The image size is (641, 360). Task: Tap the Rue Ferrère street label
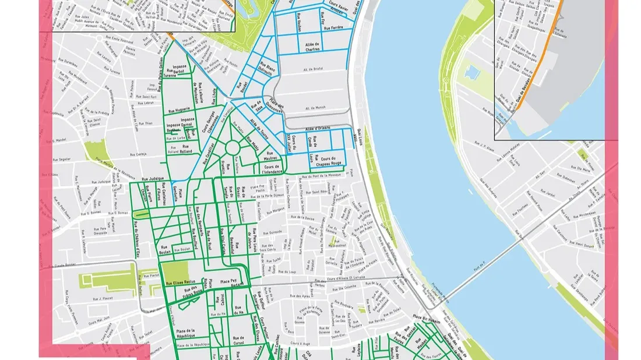tap(333, 28)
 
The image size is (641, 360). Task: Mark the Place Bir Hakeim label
tap(426, 317)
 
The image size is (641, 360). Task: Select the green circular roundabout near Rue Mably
tap(233, 148)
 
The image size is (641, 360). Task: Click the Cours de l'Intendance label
tap(272, 170)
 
